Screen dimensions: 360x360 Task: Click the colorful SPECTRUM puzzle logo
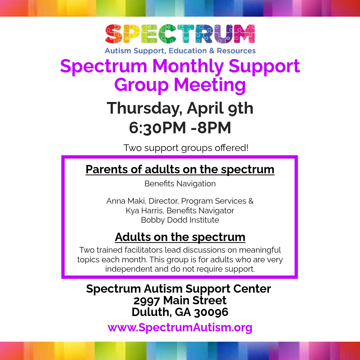coord(180,34)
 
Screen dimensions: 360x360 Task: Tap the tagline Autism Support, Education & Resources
coord(180,51)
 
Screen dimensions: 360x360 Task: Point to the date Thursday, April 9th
coord(180,108)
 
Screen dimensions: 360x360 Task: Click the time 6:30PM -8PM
coord(180,128)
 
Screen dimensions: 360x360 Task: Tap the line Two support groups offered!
coord(186,148)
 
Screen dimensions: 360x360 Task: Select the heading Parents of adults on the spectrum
coord(180,169)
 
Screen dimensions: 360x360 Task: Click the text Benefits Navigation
coord(180,184)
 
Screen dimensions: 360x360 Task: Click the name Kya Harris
coord(144,211)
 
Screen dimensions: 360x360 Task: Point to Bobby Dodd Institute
coord(180,220)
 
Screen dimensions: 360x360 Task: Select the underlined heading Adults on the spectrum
coord(180,237)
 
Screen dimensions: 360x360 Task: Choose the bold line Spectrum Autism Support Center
coord(179,289)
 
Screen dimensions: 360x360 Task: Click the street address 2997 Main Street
coord(180,300)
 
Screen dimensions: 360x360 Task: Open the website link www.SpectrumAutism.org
coord(180,327)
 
